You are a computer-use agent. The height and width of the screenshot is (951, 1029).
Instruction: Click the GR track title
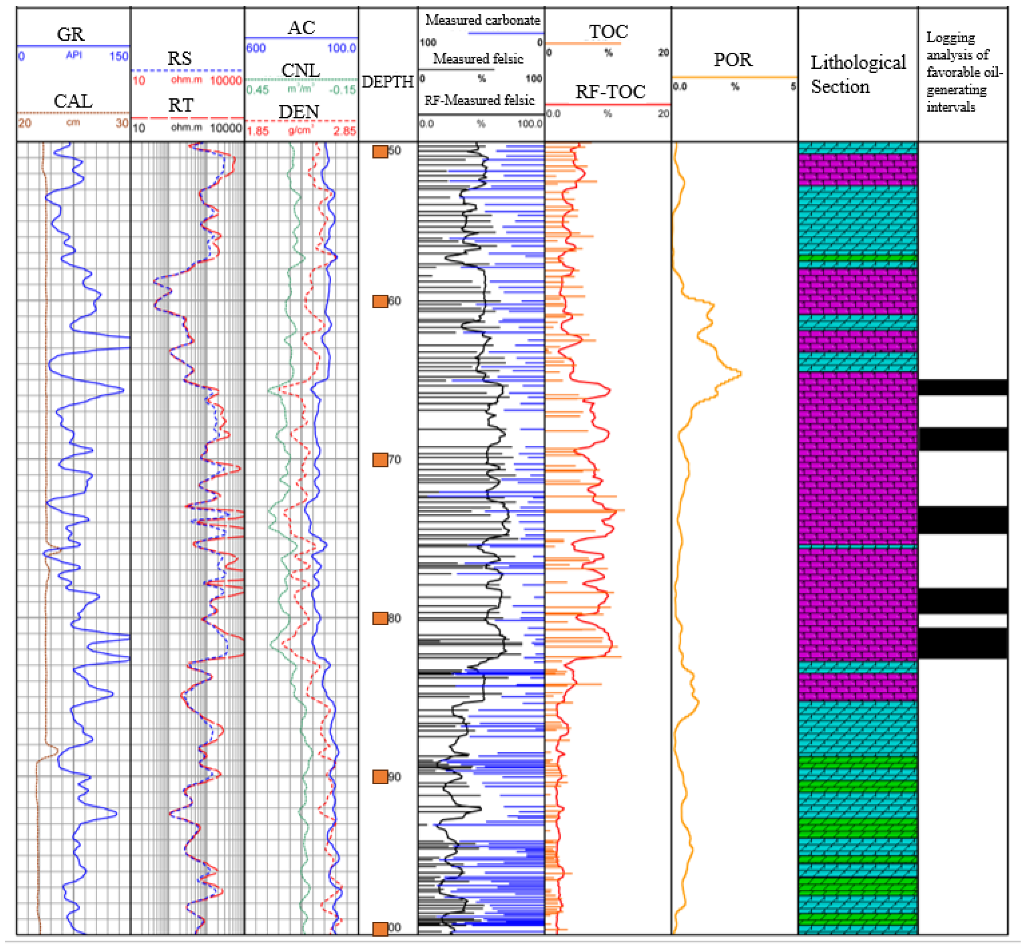pyautogui.click(x=70, y=34)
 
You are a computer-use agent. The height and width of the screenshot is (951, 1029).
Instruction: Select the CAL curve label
pyautogui.click(x=73, y=101)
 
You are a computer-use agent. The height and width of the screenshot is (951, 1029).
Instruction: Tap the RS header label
pyautogui.click(x=179, y=58)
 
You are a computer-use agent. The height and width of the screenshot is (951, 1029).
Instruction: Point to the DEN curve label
pyautogui.click(x=299, y=112)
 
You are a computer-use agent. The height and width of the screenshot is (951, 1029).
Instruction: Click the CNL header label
pyautogui.click(x=301, y=70)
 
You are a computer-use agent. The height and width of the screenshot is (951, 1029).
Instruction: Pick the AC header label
pyautogui.click(x=301, y=28)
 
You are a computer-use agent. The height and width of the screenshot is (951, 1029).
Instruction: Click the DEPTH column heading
pyautogui.click(x=387, y=82)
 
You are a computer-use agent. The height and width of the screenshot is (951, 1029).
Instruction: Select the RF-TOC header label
pyautogui.click(x=610, y=92)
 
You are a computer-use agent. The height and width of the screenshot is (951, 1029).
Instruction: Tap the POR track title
pyautogui.click(x=733, y=60)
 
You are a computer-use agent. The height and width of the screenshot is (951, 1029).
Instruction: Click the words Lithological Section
pyautogui.click(x=857, y=74)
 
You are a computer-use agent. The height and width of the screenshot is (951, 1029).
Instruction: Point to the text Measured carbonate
pyautogui.click(x=482, y=20)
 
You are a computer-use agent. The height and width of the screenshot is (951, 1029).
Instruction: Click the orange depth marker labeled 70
pyautogui.click(x=380, y=460)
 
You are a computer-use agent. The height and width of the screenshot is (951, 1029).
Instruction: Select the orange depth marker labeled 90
pyautogui.click(x=380, y=777)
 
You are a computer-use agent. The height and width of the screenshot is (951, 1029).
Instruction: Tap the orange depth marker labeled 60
pyautogui.click(x=380, y=301)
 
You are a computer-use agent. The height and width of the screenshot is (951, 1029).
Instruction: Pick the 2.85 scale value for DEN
pyautogui.click(x=345, y=131)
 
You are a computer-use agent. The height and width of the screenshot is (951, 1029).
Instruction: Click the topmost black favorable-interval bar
pyautogui.click(x=962, y=388)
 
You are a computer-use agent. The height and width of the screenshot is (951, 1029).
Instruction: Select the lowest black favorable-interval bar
pyautogui.click(x=962, y=643)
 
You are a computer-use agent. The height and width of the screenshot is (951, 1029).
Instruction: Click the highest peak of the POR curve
pyautogui.click(x=740, y=374)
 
